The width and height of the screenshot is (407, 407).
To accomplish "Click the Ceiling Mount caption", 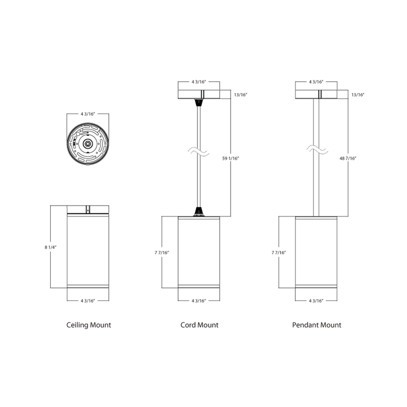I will [89, 325].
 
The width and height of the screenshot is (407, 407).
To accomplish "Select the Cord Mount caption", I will [199, 325].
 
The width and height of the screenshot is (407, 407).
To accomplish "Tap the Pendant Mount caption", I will [316, 325].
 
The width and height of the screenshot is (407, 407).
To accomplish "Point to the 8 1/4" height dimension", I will [50, 247].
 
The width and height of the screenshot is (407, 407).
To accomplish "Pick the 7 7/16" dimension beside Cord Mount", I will [161, 252].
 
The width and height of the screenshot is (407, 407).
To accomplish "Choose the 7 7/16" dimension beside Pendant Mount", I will [279, 252].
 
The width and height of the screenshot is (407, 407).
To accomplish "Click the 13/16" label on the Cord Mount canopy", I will [240, 95].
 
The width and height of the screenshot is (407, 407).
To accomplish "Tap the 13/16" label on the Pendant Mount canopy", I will [358, 95].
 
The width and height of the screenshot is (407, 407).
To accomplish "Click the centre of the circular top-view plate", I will [88, 143].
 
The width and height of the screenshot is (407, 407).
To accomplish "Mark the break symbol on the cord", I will [199, 152].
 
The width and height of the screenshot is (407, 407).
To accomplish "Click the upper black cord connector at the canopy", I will [199, 102].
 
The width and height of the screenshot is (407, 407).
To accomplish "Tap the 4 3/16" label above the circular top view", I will [88, 114].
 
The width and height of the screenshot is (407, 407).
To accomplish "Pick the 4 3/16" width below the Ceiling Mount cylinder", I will [88, 301].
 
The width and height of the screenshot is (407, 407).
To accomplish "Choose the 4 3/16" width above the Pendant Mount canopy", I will [316, 82].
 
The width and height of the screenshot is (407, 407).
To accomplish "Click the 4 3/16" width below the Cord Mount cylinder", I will [199, 301].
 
